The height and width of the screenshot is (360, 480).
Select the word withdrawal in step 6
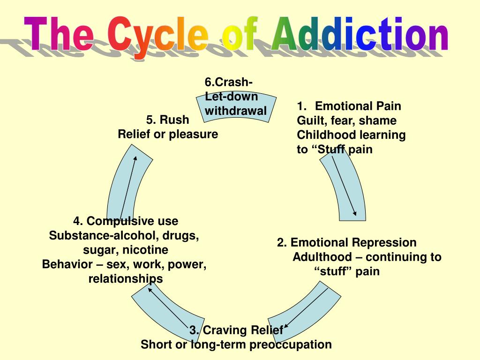coord(236,111)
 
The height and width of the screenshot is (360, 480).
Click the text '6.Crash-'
coord(229,82)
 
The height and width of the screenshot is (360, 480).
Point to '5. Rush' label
coord(167,120)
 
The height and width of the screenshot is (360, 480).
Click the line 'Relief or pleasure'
coord(168,134)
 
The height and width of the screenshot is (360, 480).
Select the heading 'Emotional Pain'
coord(358,106)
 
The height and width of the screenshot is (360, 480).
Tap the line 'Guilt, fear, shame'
coord(347,120)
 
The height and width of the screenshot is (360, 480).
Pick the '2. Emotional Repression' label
coord(346,242)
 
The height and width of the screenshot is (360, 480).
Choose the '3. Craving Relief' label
coord(236,330)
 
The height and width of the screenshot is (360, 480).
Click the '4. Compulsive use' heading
coord(126,221)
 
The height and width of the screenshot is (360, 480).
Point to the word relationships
coord(126,279)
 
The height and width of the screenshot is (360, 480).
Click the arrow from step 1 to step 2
coord(345,186)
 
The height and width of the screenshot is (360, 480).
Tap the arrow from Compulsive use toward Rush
coord(129,187)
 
